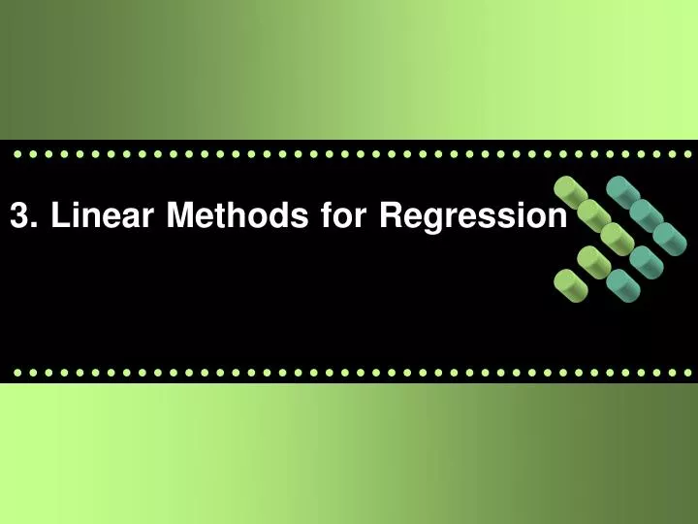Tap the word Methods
tap(236, 216)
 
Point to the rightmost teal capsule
tap(669, 236)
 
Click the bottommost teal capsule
tap(621, 282)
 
